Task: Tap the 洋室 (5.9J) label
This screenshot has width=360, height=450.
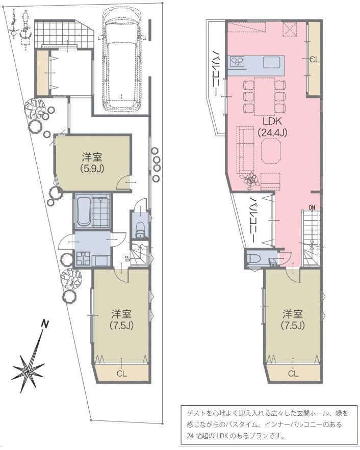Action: (92, 163)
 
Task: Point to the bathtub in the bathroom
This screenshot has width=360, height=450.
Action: (84, 211)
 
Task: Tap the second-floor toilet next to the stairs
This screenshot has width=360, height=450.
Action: (254, 259)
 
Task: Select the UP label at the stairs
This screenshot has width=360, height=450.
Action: (126, 258)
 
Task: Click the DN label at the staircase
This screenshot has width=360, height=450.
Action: (312, 207)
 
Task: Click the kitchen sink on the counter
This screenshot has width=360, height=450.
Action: (271, 62)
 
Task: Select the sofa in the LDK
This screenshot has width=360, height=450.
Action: (245, 150)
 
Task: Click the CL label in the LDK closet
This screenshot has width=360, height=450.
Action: (314, 60)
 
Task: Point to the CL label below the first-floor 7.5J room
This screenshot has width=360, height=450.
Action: (122, 374)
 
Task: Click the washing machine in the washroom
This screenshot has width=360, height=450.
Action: (83, 258)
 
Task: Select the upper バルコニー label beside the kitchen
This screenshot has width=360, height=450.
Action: (215, 73)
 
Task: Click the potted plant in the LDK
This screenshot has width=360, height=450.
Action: (249, 180)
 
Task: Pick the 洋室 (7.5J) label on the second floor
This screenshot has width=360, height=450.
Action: (293, 320)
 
